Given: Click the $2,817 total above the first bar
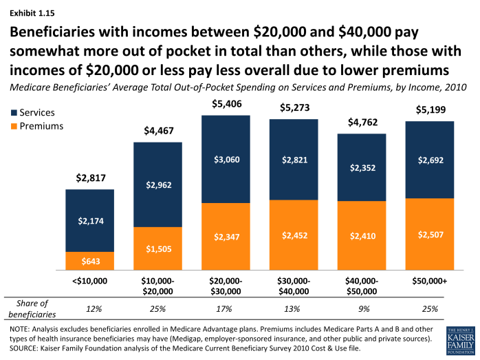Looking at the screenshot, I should (x=90, y=180).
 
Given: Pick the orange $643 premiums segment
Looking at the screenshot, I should (x=90, y=261).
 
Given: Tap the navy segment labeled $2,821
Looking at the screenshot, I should (x=294, y=160).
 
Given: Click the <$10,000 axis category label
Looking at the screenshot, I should (x=90, y=282).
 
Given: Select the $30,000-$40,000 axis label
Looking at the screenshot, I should (x=294, y=286).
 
